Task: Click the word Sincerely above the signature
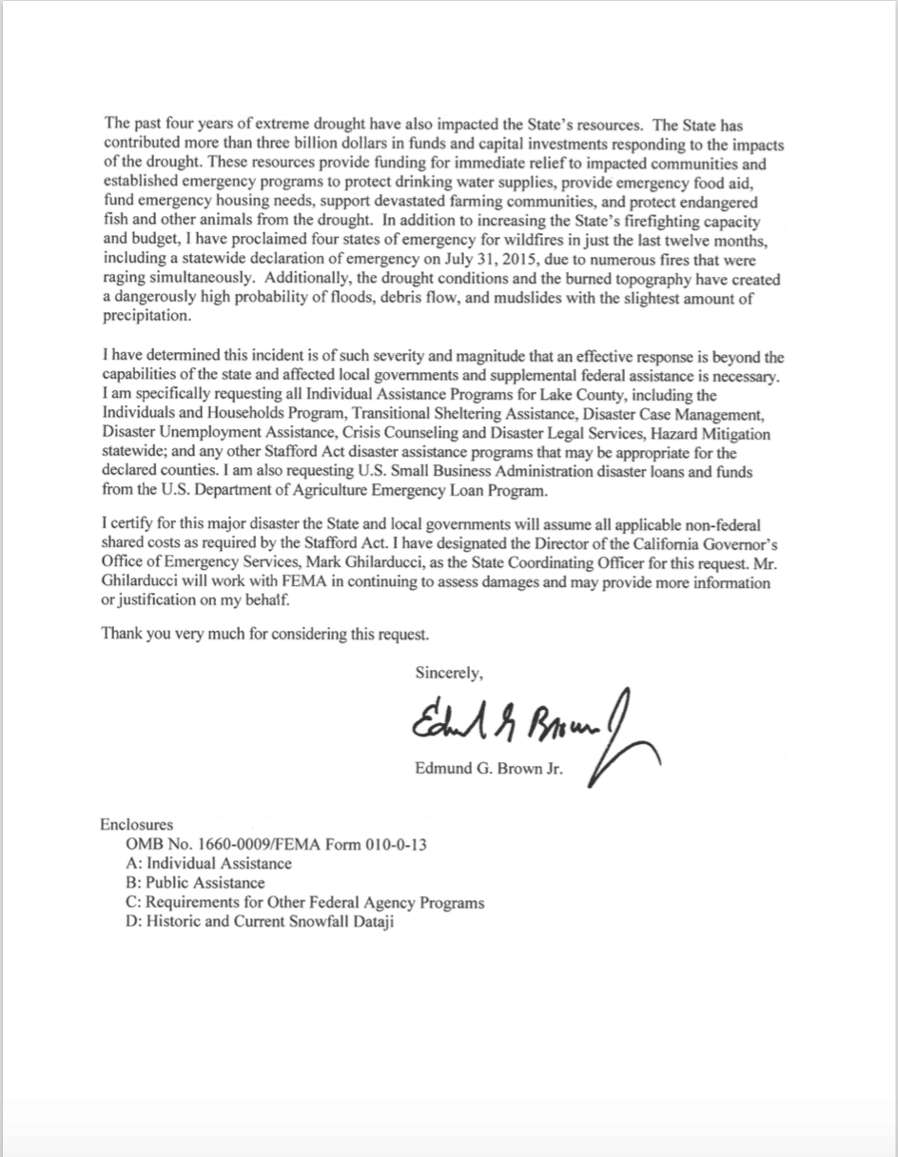[x=450, y=673]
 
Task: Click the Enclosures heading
[x=136, y=825]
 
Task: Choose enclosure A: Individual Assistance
[x=208, y=864]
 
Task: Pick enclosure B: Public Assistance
[x=195, y=883]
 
